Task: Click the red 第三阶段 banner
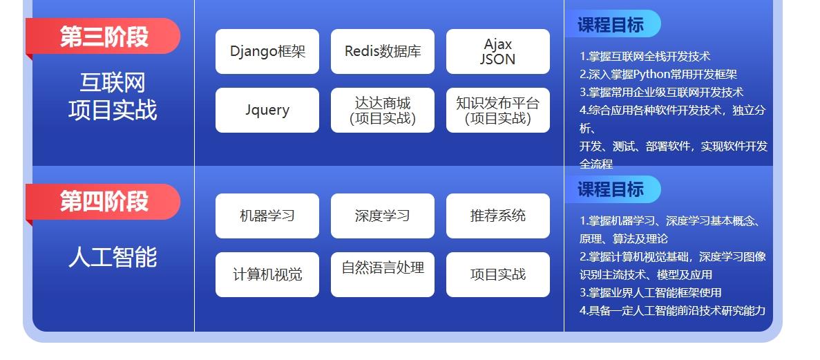(104, 36)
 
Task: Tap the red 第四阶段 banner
(104, 202)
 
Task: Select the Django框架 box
(267, 51)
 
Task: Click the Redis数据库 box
(383, 51)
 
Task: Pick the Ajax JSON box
(498, 51)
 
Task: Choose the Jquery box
(267, 110)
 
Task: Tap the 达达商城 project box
(383, 110)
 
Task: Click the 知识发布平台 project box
(498, 110)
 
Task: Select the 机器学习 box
(267, 216)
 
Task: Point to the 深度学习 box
(383, 216)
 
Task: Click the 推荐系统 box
(498, 216)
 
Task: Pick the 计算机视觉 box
(267, 274)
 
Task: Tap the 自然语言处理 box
(383, 274)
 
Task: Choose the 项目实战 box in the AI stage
(498, 274)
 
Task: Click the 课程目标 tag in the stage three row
(611, 25)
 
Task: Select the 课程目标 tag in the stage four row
(611, 189)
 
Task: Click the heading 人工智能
(113, 257)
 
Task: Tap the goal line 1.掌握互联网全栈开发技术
(645, 57)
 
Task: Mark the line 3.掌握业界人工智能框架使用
(651, 293)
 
